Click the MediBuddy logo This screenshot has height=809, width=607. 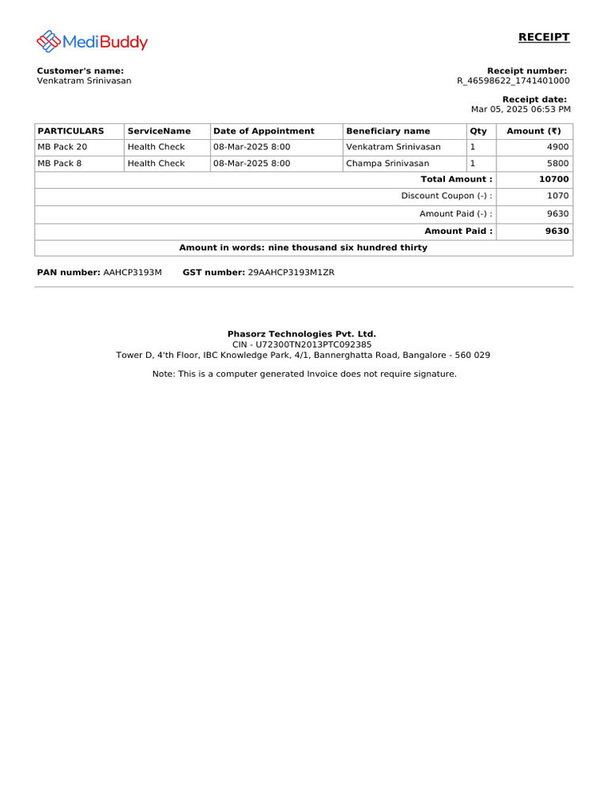(x=92, y=41)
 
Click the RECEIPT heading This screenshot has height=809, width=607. (x=544, y=37)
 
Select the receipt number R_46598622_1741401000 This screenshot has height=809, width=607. (x=513, y=81)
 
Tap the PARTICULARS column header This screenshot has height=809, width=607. (x=71, y=131)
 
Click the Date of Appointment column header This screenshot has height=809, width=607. (x=264, y=131)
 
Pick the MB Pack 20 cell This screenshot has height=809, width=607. (x=62, y=147)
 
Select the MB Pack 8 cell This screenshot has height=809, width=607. (x=60, y=164)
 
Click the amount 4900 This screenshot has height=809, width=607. (x=557, y=147)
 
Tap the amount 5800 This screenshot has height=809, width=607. (x=557, y=164)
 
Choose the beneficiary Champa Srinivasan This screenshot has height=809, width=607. (x=388, y=164)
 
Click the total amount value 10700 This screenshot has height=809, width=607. (x=554, y=179)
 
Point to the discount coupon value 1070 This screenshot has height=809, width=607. (x=557, y=196)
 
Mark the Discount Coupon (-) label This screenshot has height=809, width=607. (x=447, y=196)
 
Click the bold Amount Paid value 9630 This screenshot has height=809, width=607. (x=556, y=231)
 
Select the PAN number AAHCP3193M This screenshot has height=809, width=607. (x=133, y=272)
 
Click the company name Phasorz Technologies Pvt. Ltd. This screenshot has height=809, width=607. (x=302, y=334)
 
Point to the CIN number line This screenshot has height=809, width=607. (x=302, y=344)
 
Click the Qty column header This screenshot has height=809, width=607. (x=478, y=131)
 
